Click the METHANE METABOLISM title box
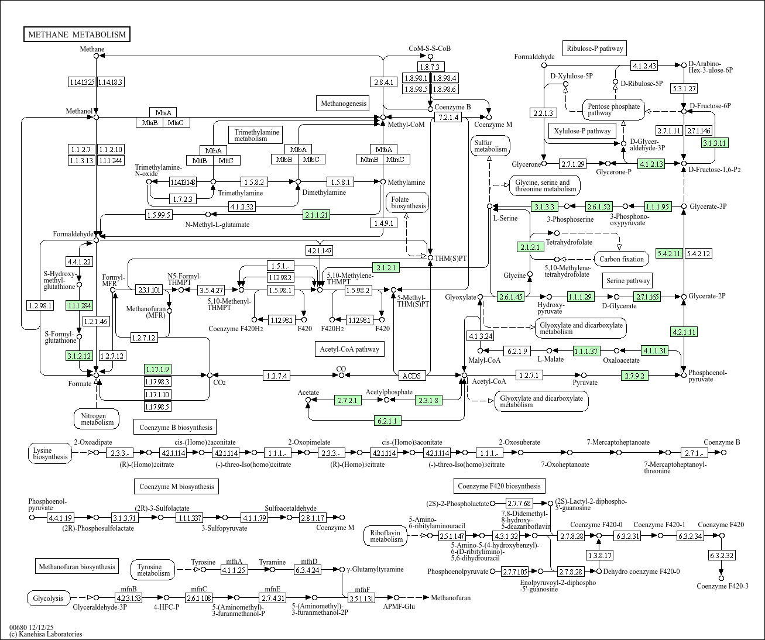77,35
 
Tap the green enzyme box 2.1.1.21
316,215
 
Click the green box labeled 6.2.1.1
387,421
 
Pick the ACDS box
411,376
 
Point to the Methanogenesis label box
343,104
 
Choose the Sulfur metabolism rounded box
490,146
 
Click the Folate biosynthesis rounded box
407,203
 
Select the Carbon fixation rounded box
622,259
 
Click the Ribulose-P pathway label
595,49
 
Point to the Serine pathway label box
628,281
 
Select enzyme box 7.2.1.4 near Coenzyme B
448,118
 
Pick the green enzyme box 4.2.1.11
684,332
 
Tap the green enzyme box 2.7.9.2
634,376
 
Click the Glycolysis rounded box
49,598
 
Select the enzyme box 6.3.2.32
722,555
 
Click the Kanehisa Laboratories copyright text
46,634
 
